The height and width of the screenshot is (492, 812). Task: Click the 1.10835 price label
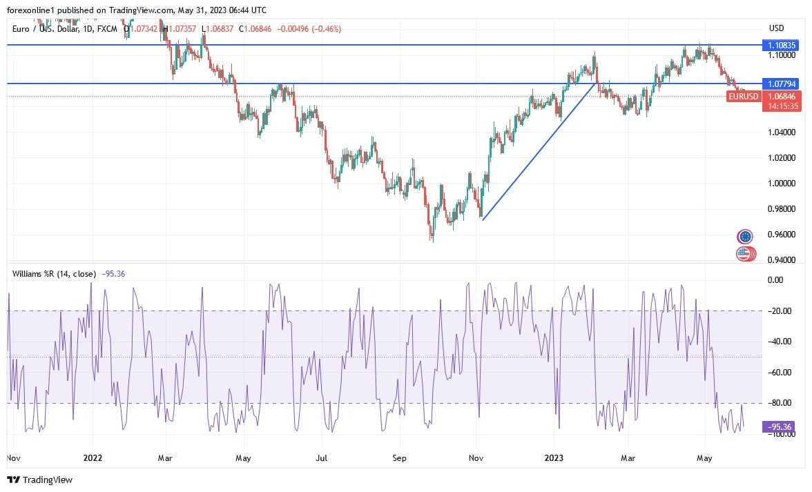[x=782, y=45]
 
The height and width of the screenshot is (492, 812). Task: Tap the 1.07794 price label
[x=782, y=83]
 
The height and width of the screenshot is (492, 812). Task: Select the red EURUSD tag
[x=744, y=97]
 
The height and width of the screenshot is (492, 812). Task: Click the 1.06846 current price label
[x=782, y=97]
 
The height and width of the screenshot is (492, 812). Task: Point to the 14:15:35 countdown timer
[x=782, y=106]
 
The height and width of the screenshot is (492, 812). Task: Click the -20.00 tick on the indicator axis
[x=781, y=311]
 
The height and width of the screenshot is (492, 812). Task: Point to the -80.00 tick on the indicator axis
[x=781, y=403]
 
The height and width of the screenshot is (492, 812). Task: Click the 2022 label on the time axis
[x=93, y=457]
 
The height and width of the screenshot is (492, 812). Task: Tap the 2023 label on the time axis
[x=554, y=457]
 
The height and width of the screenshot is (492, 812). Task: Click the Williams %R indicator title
[x=55, y=274]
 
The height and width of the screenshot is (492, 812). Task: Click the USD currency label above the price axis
[x=777, y=28]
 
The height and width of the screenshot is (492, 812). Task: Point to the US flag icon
[x=744, y=254]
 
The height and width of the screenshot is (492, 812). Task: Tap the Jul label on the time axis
[x=321, y=457]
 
